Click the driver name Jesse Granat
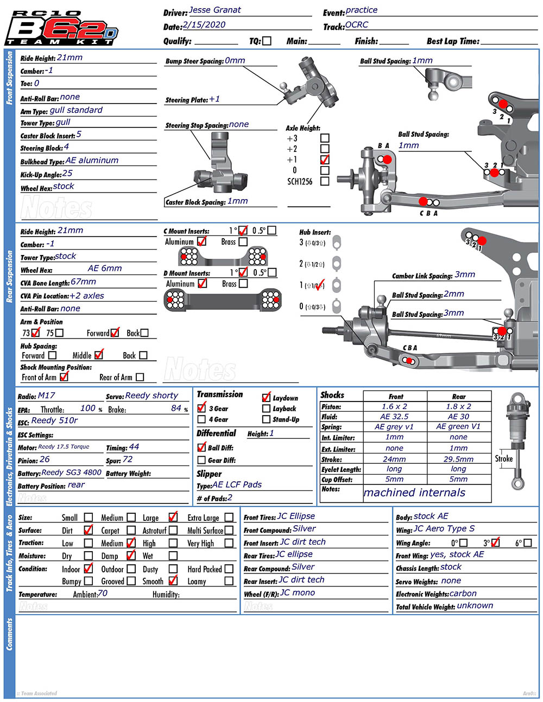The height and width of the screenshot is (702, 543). click(214, 10)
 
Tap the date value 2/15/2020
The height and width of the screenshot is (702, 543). click(204, 25)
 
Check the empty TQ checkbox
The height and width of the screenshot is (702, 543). click(267, 41)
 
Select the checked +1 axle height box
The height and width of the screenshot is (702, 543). click(325, 159)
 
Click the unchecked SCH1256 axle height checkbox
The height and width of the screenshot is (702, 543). click(325, 181)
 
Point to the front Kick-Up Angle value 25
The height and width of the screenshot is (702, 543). click(67, 174)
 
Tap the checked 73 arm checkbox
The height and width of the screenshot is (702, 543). click(36, 333)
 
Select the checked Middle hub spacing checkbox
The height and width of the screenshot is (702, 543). click(98, 355)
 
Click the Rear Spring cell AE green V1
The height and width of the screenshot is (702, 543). click(458, 427)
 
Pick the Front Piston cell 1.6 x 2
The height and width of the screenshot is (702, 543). click(394, 406)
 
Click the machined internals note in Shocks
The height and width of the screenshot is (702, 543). click(414, 493)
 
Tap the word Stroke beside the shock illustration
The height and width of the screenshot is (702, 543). click(503, 458)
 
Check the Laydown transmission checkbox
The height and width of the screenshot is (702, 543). click(266, 397)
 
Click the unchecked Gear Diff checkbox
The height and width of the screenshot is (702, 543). click(201, 460)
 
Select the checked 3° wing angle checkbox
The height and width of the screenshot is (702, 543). click(495, 542)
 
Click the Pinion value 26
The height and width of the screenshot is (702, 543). click(45, 460)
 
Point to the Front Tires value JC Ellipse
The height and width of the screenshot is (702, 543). click(296, 516)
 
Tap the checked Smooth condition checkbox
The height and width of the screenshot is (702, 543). click(173, 580)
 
